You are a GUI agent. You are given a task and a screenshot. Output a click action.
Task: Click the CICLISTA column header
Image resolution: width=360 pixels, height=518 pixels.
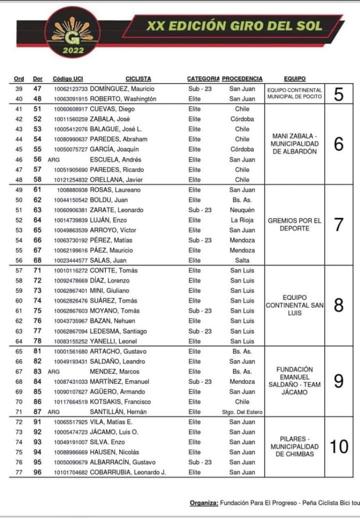tap(139, 79)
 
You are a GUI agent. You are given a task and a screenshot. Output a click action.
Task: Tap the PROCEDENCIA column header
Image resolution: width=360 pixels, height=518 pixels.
tap(242, 79)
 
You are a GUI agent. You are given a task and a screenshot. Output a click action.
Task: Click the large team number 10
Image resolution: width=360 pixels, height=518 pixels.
tap(339, 447)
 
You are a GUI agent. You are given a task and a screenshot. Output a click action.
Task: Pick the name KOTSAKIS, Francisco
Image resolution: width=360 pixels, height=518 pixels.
tap(120, 402)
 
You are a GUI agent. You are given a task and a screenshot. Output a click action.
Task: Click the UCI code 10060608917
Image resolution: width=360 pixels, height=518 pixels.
tap(70, 109)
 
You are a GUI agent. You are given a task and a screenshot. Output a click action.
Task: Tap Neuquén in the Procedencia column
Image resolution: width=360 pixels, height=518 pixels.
tap(242, 210)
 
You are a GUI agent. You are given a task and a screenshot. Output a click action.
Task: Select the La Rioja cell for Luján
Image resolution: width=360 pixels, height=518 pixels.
tap(242, 220)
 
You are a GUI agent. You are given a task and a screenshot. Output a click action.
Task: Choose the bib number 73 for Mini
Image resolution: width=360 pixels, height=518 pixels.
tap(37, 290)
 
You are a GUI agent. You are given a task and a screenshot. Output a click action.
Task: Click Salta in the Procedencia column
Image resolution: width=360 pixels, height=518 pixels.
tap(242, 260)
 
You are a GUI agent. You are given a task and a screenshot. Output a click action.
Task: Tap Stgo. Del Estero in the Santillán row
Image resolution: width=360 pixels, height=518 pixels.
tap(242, 412)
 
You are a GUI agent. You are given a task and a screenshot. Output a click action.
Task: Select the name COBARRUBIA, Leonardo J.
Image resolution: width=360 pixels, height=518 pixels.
tap(127, 472)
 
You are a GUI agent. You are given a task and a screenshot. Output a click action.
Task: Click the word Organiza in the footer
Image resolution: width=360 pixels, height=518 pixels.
tap(204, 503)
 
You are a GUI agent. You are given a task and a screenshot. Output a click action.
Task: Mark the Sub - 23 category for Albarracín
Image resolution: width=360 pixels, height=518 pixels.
tap(200, 462)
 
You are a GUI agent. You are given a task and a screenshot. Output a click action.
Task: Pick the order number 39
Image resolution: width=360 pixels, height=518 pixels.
tap(19, 89)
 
